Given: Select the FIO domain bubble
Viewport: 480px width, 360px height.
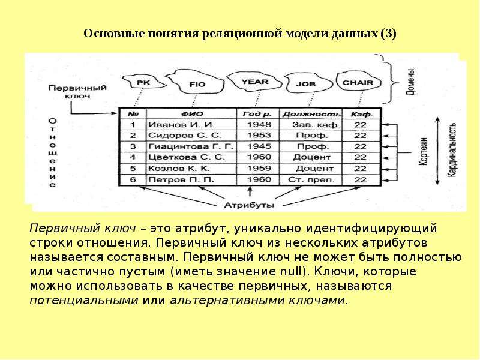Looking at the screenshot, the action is (x=197, y=83).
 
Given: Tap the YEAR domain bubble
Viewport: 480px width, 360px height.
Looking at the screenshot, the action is (x=254, y=82).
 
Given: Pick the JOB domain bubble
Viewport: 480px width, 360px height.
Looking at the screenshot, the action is (x=307, y=83).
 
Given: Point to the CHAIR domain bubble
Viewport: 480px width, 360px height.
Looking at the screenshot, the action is (x=358, y=82).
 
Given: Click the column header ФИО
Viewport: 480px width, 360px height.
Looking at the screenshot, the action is (x=191, y=114).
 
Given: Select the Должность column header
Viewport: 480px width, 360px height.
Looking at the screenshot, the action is (x=311, y=114).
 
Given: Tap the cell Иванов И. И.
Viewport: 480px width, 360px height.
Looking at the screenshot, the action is (x=182, y=125).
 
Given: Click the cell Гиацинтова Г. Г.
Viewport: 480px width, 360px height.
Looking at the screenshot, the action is (x=191, y=146).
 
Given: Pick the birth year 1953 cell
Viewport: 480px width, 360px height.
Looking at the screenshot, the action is (x=259, y=136).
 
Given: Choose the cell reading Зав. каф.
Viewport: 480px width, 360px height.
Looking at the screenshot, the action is (x=316, y=125).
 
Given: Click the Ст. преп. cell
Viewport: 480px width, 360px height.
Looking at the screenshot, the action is (x=311, y=179).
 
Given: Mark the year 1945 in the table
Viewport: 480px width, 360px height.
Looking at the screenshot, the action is (x=259, y=146).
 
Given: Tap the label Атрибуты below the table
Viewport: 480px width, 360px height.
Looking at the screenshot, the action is (x=249, y=205).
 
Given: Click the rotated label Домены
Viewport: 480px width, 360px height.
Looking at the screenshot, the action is (x=411, y=82).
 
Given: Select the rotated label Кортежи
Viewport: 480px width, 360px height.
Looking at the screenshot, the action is (x=423, y=152).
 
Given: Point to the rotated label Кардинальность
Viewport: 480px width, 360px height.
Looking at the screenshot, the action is (x=452, y=149).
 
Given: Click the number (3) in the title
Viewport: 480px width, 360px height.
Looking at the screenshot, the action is (x=388, y=33).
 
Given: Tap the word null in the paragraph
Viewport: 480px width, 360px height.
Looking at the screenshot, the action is (x=290, y=272).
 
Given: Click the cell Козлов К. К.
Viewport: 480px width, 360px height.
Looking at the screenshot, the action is (x=179, y=169).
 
